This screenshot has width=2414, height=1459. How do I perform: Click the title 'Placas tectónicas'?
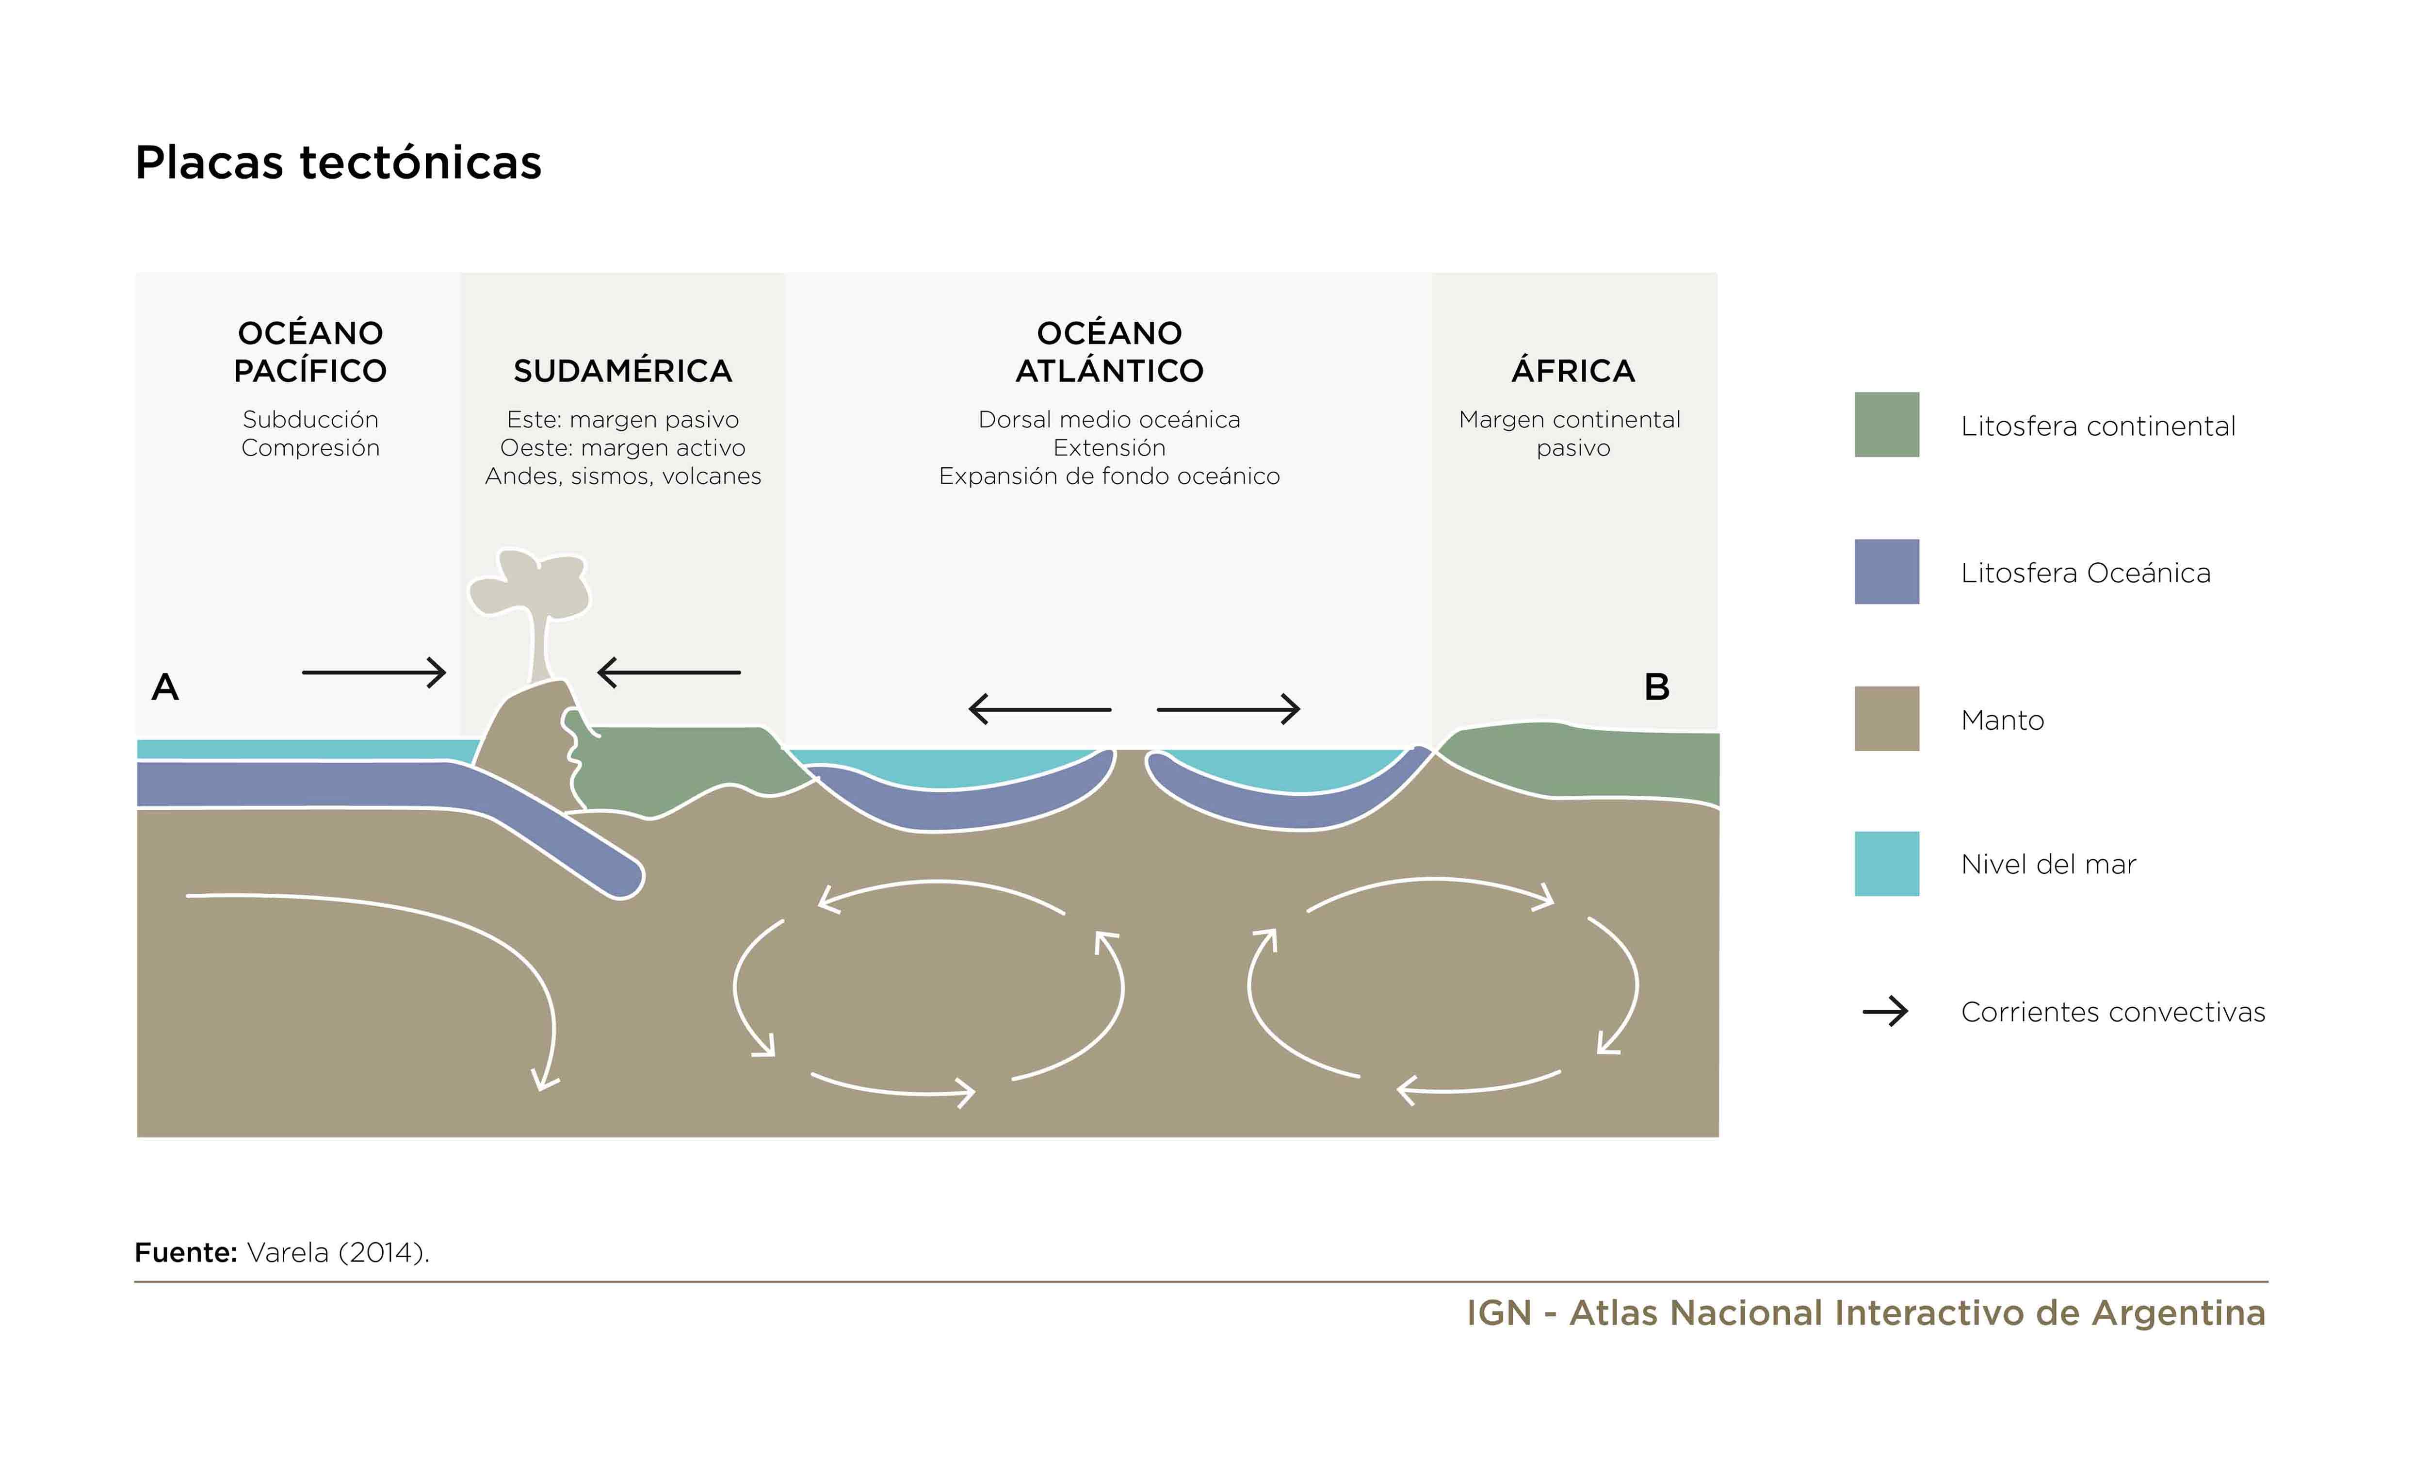click(x=338, y=163)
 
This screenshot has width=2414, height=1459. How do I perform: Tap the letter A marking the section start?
click(x=165, y=687)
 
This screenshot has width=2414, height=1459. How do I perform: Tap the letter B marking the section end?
click(x=1657, y=687)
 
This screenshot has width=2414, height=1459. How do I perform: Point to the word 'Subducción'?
click(x=310, y=419)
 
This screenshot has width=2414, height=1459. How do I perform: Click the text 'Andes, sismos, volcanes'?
click(x=623, y=476)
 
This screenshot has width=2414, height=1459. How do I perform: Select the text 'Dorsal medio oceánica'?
click(x=1109, y=419)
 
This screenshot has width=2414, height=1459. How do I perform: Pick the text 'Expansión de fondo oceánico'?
click(x=1109, y=476)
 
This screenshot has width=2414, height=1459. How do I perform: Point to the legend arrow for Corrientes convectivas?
click(x=1885, y=1011)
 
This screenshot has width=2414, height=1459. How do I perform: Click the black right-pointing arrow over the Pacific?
click(x=374, y=672)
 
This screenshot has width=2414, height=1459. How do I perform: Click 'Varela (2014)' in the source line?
click(x=338, y=1252)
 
